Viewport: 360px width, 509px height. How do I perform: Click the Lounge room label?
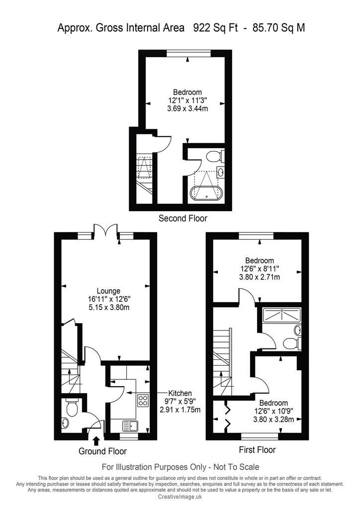[x=108, y=291]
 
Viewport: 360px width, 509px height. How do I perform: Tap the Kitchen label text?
[x=180, y=393]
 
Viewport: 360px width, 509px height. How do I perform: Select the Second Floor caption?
[x=183, y=218]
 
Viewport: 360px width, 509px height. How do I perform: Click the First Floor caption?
[x=257, y=449]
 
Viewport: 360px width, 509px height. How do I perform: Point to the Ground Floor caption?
[x=102, y=451]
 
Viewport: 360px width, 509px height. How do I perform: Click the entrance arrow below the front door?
[x=96, y=440]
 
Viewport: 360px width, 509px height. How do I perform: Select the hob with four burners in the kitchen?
[x=143, y=400]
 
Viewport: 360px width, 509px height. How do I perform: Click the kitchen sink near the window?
[x=130, y=425]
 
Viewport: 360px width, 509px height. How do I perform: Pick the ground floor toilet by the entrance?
[x=71, y=407]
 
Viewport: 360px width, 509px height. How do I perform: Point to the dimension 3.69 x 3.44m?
[x=187, y=108]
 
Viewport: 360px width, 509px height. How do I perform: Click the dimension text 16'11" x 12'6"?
[x=109, y=299]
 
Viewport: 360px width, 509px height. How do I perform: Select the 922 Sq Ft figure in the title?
[x=215, y=28]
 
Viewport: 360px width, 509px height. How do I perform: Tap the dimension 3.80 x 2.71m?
[x=260, y=277]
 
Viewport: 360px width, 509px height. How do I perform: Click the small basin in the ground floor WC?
[x=65, y=423]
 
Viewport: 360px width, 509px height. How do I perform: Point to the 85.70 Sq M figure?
[x=279, y=28]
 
